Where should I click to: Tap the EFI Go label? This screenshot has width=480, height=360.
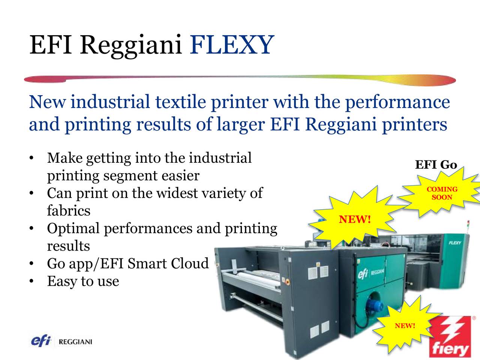pos(436,165)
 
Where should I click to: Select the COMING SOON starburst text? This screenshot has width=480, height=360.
pos(442,193)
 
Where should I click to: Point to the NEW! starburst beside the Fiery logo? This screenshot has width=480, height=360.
pos(405,326)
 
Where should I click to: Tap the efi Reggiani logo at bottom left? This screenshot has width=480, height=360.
pos(61,341)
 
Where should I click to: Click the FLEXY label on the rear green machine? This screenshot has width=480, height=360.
pos(455,243)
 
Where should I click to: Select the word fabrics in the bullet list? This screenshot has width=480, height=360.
pos(69,211)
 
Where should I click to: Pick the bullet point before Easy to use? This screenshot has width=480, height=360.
pos(32,282)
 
